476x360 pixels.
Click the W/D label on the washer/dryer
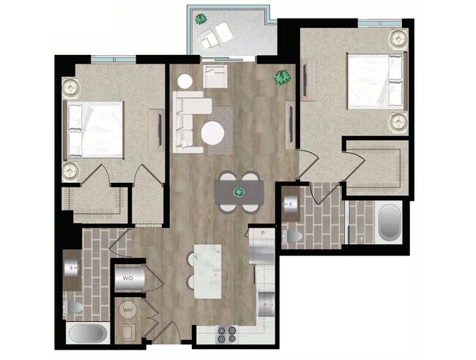pos(127,279)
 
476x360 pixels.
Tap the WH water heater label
pos(127,310)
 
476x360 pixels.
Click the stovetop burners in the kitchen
pos(228,334)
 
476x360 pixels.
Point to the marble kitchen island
pos(207,270)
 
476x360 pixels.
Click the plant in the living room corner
pos(281,77)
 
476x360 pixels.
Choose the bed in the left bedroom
pos(95,130)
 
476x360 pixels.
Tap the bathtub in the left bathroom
pos(89,334)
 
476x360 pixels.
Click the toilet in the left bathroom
pos(75,307)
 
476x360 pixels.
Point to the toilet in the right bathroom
pos(294,236)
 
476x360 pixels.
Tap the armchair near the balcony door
pos(215,75)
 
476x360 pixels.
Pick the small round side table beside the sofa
pos(185,82)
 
